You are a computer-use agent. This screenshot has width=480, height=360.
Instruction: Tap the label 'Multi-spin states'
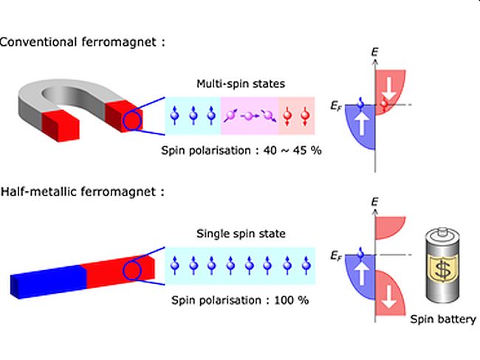coord(238,85)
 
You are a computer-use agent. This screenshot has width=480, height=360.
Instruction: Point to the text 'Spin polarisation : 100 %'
coord(239,300)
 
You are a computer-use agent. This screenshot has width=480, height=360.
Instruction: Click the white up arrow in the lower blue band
coord(363,276)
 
